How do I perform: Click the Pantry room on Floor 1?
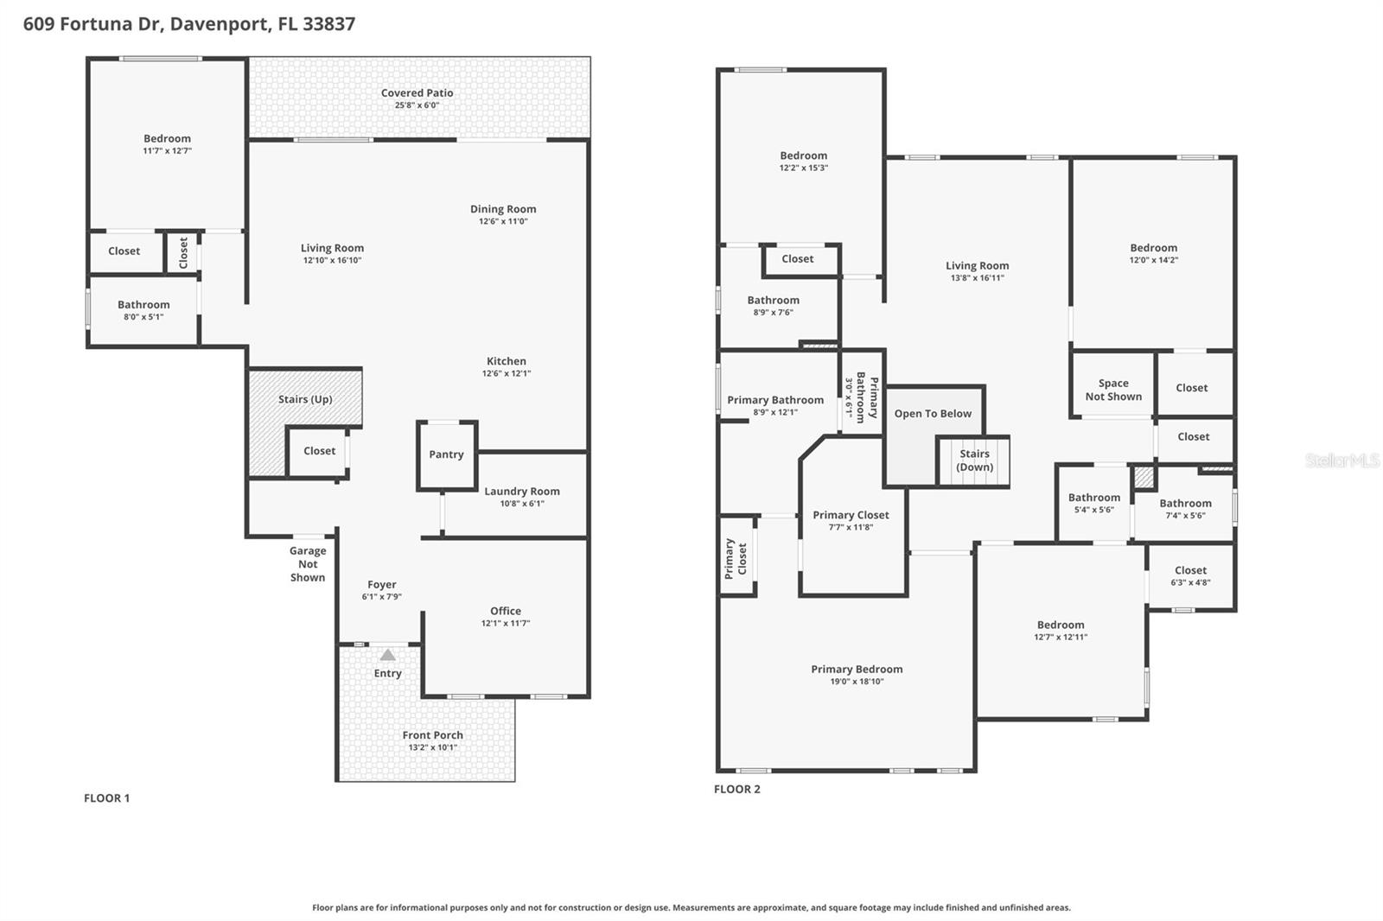pyautogui.click(x=446, y=454)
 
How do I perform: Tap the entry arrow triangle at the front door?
pyautogui.click(x=388, y=655)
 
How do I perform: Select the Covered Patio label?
pyautogui.click(x=417, y=93)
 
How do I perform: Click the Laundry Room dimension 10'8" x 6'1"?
pyautogui.click(x=521, y=504)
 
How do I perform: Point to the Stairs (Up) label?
pyautogui.click(x=305, y=399)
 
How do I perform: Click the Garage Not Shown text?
pyautogui.click(x=308, y=564)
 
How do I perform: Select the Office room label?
pyautogui.click(x=506, y=611)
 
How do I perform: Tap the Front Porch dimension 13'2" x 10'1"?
pyautogui.click(x=432, y=747)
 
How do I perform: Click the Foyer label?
pyautogui.click(x=381, y=585)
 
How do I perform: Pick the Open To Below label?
pyautogui.click(x=933, y=414)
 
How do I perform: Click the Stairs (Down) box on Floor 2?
pyautogui.click(x=974, y=460)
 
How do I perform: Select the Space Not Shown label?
pyautogui.click(x=1113, y=390)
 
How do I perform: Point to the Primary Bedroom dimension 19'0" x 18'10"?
pyautogui.click(x=857, y=682)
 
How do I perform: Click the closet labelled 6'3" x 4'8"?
pyautogui.click(x=1190, y=576)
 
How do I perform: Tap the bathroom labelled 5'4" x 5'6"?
pyautogui.click(x=1093, y=503)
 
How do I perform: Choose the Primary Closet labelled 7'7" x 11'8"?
pyautogui.click(x=851, y=521)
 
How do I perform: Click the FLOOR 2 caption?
pyautogui.click(x=736, y=789)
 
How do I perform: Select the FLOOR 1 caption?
pyautogui.click(x=106, y=798)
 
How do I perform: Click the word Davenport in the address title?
pyautogui.click(x=219, y=24)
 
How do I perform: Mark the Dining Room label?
pyautogui.click(x=503, y=209)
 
